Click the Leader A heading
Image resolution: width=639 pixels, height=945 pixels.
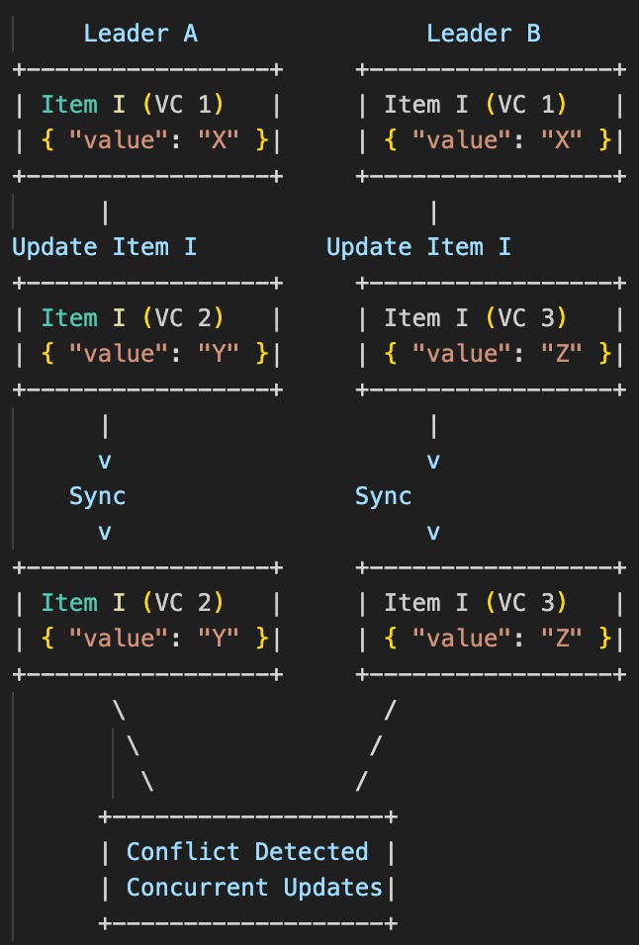pyautogui.click(x=140, y=34)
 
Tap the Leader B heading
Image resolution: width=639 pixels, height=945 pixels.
pyautogui.click(x=484, y=34)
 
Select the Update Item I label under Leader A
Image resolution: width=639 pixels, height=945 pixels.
pyautogui.click(x=104, y=246)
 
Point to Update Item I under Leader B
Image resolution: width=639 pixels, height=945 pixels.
pyautogui.click(x=418, y=246)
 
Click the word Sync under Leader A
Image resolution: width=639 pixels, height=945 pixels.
pyautogui.click(x=97, y=496)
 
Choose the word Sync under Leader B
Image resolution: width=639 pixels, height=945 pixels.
pyautogui.click(x=384, y=496)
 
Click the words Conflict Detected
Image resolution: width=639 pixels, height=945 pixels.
pyautogui.click(x=247, y=852)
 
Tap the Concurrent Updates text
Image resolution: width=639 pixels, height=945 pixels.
pyautogui.click(x=254, y=888)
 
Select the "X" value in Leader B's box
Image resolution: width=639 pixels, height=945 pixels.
pyautogui.click(x=562, y=140)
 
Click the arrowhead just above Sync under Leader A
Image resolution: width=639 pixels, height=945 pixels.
pyautogui.click(x=104, y=461)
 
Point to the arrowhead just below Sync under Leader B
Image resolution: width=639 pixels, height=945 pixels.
pyautogui.click(x=433, y=532)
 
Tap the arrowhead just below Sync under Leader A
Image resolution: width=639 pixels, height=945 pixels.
pyautogui.click(x=104, y=532)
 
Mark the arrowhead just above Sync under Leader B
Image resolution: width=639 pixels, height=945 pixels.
pyautogui.click(x=433, y=461)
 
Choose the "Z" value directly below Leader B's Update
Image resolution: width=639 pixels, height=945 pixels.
pyautogui.click(x=562, y=354)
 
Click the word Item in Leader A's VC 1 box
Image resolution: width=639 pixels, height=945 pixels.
pyautogui.click(x=69, y=105)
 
